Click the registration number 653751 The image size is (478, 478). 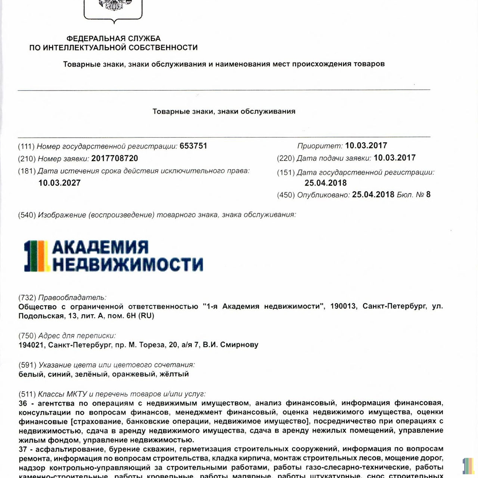pos(193,146)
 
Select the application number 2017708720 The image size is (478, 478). pos(115,158)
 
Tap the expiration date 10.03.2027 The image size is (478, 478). pos(59,183)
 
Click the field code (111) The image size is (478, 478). pos(26,146)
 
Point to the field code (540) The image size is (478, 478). pos(27,215)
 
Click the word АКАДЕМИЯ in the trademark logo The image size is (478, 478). pos(100,247)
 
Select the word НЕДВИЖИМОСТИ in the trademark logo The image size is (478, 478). pos(128,264)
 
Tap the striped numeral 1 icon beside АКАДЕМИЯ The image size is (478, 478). pos(36,256)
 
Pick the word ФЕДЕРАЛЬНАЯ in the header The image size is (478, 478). pos(95,38)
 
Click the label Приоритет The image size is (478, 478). pos(320,146)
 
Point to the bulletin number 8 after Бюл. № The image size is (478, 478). pos(428,195)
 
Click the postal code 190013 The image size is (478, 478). pos(343,306)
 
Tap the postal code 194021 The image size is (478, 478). pos(31,345)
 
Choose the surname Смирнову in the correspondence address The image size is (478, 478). pos(239,345)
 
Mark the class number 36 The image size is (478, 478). pos(23,403)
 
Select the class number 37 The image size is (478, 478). pos(23,449)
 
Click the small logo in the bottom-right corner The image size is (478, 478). pos(468,466)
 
